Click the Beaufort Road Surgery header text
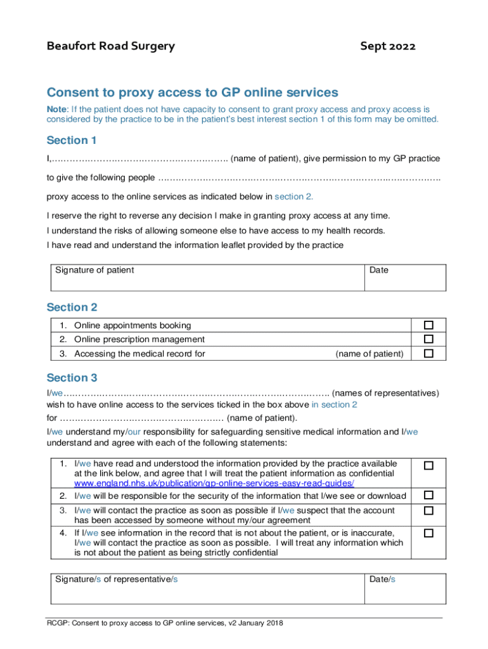[x=111, y=46]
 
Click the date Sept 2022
[x=388, y=46]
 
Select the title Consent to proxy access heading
[x=193, y=93]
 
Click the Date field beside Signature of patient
[x=406, y=276]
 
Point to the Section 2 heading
[x=72, y=307]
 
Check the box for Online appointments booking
[x=428, y=325]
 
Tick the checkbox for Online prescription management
[x=428, y=339]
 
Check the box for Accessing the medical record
[x=428, y=353]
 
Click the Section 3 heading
[x=72, y=378]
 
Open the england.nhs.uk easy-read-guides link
[x=214, y=483]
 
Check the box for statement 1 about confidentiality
[x=428, y=466]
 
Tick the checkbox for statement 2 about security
[x=428, y=495]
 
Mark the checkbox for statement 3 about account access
[x=428, y=510]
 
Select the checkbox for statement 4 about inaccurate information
[x=428, y=533]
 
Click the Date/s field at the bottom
[x=406, y=588]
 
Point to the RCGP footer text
[x=165, y=624]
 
